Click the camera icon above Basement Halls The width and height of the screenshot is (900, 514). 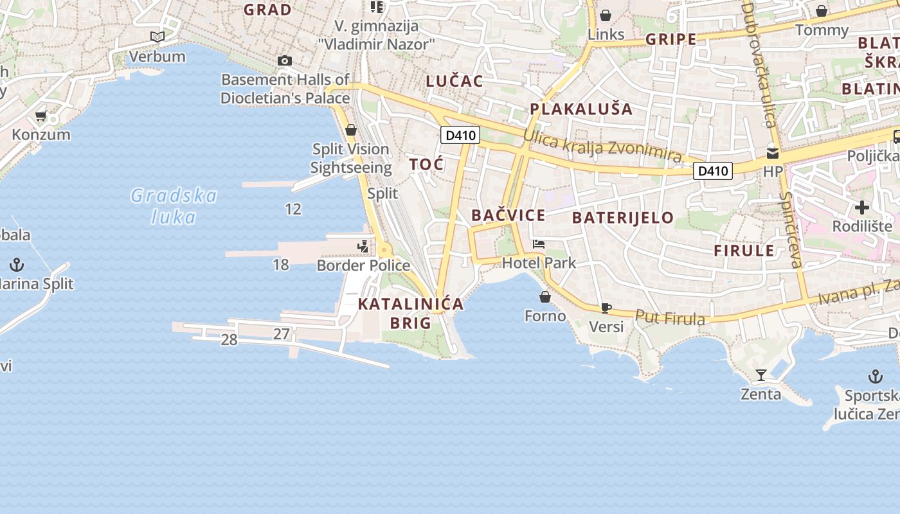click(x=285, y=61)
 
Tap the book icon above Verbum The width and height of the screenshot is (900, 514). click(x=157, y=37)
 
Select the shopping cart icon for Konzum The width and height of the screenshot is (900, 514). click(x=41, y=116)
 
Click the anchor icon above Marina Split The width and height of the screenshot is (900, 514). click(x=17, y=264)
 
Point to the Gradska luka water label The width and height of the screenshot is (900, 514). click(x=174, y=206)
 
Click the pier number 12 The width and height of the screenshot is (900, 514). click(x=293, y=209)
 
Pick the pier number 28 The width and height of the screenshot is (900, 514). click(x=230, y=340)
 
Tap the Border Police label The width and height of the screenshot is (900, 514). click(x=363, y=265)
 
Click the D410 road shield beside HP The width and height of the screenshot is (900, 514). click(x=714, y=171)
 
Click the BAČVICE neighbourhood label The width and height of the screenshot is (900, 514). click(x=508, y=215)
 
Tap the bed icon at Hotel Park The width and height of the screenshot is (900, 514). click(x=539, y=244)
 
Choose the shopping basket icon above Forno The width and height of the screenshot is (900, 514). click(x=545, y=297)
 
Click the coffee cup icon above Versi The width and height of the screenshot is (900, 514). click(x=606, y=308)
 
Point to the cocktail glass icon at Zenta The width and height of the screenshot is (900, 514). click(x=761, y=375)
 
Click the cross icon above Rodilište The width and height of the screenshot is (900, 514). click(x=862, y=208)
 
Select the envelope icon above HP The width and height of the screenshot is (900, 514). click(x=773, y=154)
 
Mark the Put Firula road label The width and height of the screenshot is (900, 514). click(x=670, y=317)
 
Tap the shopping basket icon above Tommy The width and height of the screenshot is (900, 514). click(x=822, y=11)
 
